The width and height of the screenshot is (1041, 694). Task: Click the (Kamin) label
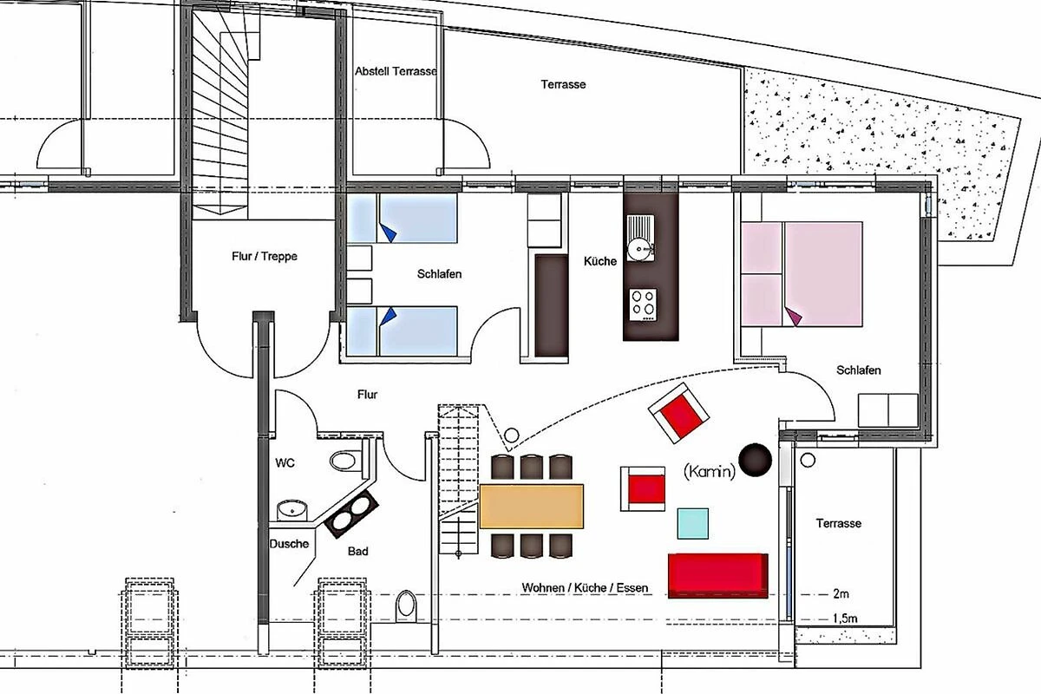tap(710, 471)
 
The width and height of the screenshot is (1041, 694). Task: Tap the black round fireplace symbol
tap(756, 460)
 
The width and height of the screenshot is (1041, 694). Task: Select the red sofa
tap(717, 575)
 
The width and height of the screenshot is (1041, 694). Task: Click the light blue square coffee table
tap(692, 523)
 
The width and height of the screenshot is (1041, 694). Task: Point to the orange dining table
tap(531, 507)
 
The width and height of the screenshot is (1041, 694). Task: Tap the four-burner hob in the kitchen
tap(643, 305)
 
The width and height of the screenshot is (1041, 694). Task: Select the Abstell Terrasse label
tap(396, 72)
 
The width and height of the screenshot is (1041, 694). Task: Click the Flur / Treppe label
tap(265, 256)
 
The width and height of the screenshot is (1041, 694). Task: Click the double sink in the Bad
tap(351, 514)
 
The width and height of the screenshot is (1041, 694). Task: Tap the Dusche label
tap(289, 543)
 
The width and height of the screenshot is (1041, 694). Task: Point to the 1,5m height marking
tap(845, 619)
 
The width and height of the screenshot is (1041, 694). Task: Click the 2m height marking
tap(841, 593)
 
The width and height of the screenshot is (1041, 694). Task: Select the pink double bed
tap(802, 274)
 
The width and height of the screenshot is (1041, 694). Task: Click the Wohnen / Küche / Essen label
tap(585, 587)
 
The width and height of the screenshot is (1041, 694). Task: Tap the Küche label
tap(600, 261)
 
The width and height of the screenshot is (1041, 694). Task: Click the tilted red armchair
tap(678, 413)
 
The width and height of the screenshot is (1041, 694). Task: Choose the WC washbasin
tap(292, 510)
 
